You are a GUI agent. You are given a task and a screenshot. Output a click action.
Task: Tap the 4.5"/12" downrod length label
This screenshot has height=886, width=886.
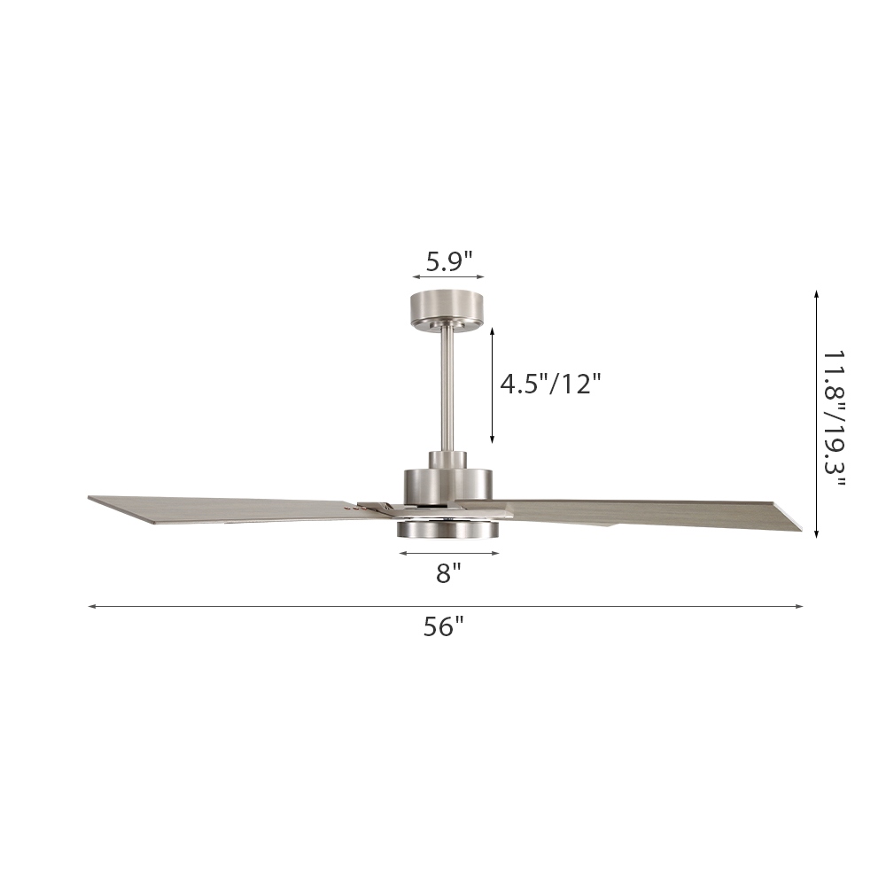(550, 385)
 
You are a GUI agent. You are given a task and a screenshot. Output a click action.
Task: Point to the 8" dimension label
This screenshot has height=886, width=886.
(449, 573)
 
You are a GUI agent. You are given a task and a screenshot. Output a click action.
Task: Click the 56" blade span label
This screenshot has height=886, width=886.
(444, 627)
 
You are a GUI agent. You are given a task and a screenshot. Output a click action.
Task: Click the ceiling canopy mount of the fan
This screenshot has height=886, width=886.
(448, 308)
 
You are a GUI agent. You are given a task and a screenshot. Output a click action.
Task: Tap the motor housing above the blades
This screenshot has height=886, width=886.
(448, 483)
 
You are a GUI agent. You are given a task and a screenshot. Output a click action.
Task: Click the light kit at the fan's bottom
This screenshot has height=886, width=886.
(448, 528)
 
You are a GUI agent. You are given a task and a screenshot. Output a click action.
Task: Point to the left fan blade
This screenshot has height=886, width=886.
(230, 509)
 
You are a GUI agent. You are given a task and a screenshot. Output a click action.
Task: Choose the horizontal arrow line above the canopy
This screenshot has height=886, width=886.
(448, 277)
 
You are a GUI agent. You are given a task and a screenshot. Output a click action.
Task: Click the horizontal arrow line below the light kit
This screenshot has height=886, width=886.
(449, 553)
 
